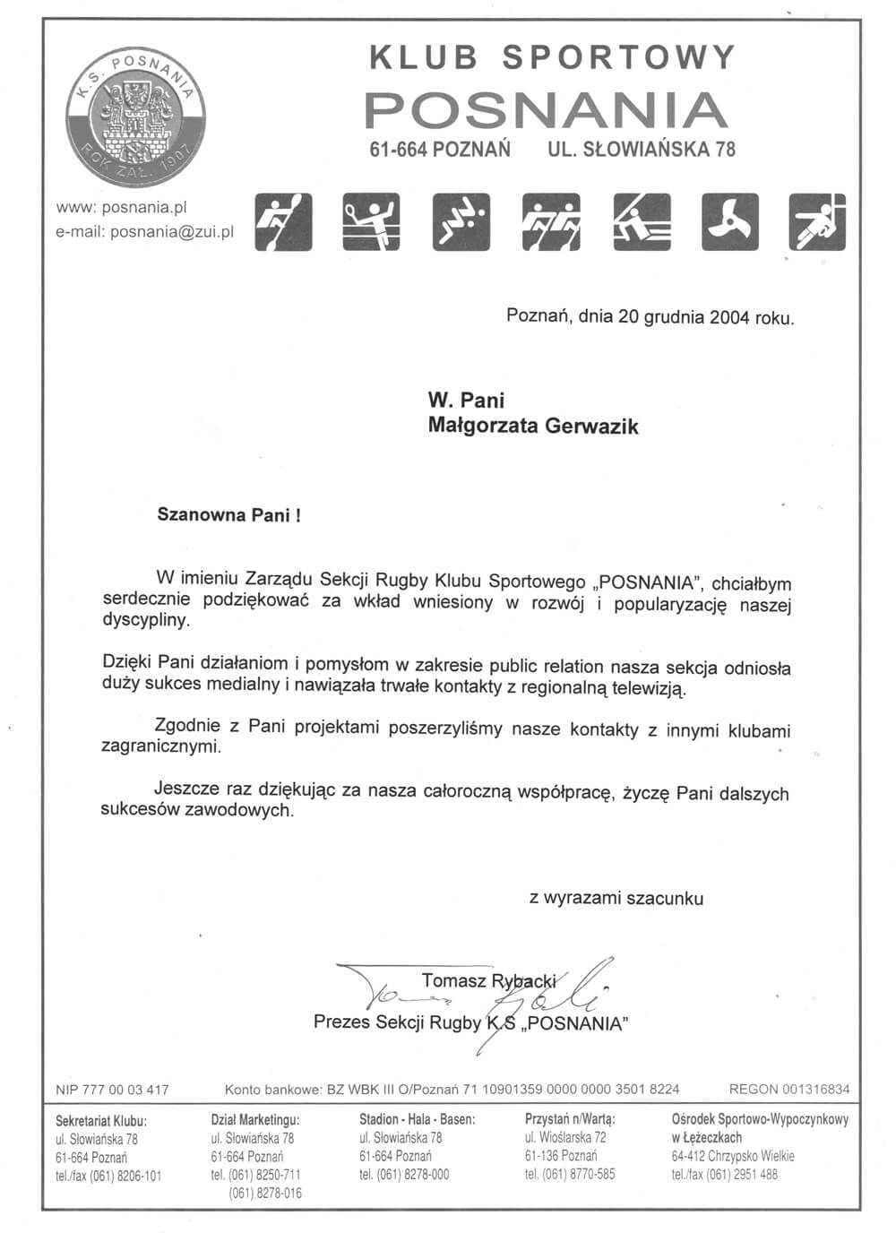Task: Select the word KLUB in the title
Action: pyautogui.click(x=424, y=58)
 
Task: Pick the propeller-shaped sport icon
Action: pyautogui.click(x=728, y=221)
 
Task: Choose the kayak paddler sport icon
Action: pyautogui.click(x=283, y=221)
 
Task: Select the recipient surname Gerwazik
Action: pyautogui.click(x=589, y=427)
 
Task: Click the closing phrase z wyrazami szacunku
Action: pyautogui.click(x=616, y=898)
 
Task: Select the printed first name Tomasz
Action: pyautogui.click(x=454, y=980)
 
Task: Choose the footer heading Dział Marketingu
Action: pyautogui.click(x=255, y=1119)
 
